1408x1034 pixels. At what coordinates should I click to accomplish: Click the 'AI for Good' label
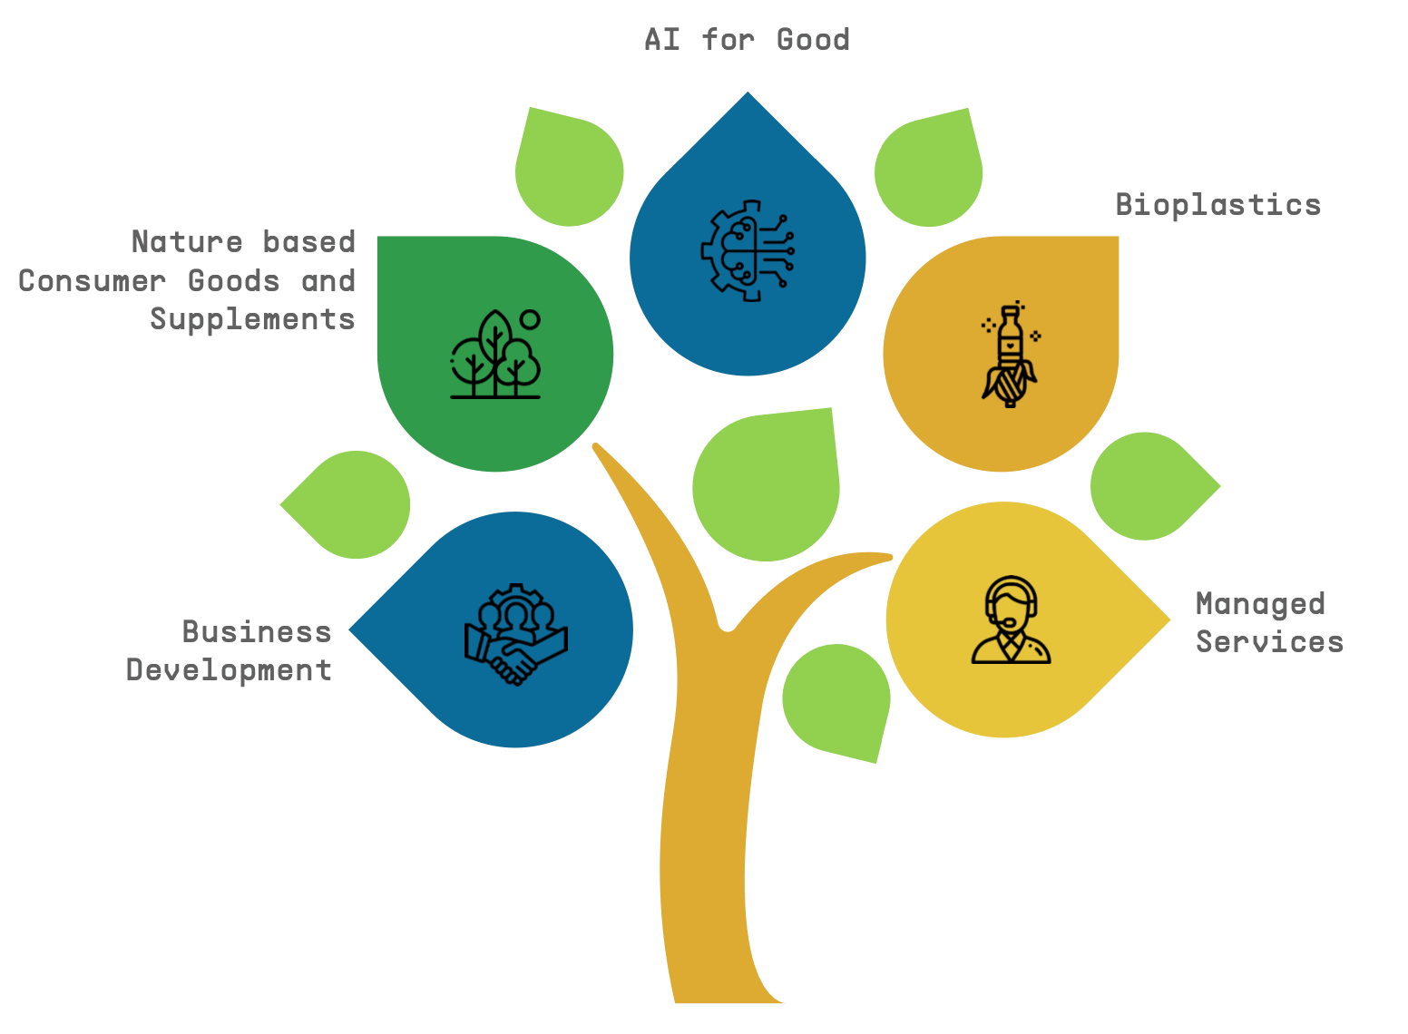pyautogui.click(x=747, y=40)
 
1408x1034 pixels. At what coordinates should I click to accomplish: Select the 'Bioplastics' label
pyautogui.click(x=1217, y=205)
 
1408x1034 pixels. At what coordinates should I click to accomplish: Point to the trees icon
pyautogui.click(x=494, y=356)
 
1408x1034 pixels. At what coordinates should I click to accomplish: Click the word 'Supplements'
pyautogui.click(x=252, y=319)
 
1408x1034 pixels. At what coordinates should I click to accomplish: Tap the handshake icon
pyautogui.click(x=515, y=635)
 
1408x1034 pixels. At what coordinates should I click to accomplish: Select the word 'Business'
pyautogui.click(x=257, y=631)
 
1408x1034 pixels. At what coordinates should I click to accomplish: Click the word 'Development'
pyautogui.click(x=230, y=670)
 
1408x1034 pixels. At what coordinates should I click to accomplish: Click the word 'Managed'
pyautogui.click(x=1260, y=604)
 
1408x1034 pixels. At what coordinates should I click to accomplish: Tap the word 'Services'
pyautogui.click(x=1269, y=642)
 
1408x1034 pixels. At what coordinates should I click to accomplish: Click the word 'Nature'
pyautogui.click(x=187, y=242)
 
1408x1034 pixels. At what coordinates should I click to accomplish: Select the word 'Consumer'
pyautogui.click(x=92, y=281)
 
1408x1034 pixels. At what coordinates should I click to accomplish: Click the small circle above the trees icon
pyautogui.click(x=530, y=319)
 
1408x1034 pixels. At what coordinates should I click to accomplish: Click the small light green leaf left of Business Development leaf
pyautogui.click(x=352, y=504)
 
